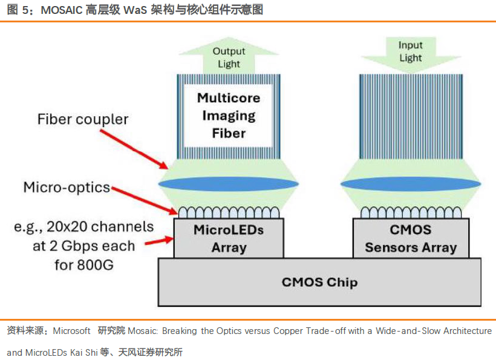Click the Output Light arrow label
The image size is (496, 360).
229,57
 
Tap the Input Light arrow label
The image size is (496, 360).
411,51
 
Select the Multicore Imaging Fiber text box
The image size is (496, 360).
229,115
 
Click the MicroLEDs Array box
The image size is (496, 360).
229,238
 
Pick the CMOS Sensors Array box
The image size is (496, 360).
411,238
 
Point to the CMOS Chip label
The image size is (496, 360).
319,282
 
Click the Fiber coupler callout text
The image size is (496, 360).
83,119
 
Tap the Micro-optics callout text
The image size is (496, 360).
67,187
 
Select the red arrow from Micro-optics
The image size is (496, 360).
145,200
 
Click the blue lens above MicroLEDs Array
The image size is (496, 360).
229,184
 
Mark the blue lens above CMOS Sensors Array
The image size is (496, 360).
411,184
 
